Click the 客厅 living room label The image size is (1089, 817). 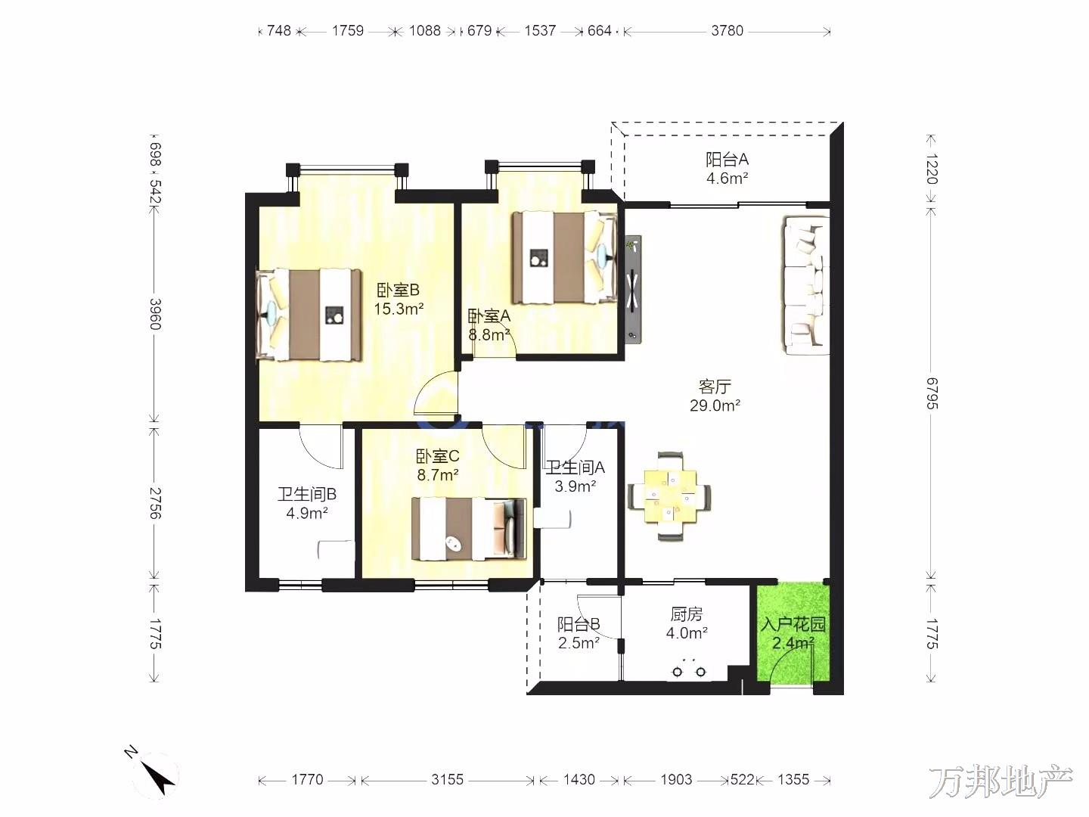point(715,386)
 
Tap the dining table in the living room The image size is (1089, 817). point(669,496)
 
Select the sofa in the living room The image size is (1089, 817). point(805,285)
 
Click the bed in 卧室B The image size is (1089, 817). point(309,315)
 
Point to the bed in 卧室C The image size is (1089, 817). point(469,529)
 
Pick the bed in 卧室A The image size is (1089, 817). point(565,257)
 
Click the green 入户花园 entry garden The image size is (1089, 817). point(793,633)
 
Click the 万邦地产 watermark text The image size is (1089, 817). point(1001,782)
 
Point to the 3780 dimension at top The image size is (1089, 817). point(727,31)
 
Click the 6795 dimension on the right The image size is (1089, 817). point(932,393)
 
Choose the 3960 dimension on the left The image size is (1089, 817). point(155,314)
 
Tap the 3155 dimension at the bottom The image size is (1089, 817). point(447,780)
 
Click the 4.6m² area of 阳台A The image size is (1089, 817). point(728,178)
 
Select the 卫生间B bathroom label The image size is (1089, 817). point(307,494)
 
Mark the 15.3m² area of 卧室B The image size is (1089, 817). point(399,309)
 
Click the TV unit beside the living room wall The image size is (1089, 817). point(632,289)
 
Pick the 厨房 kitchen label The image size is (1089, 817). point(687,614)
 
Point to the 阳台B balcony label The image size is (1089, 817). point(579,623)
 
